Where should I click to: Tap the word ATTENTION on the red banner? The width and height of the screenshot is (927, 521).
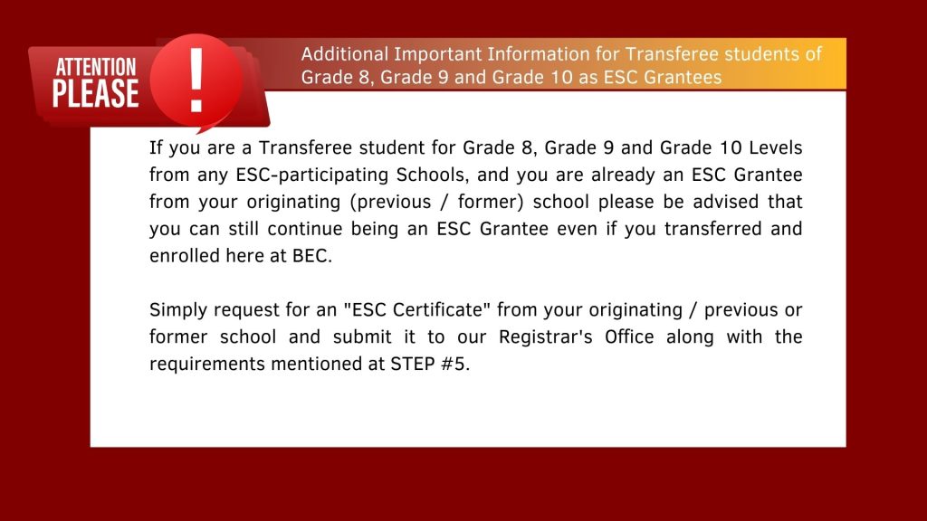96,67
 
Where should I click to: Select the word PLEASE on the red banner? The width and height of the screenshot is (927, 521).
96,94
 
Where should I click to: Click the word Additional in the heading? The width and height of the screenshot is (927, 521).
342,54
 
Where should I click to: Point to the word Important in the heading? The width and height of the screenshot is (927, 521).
430,54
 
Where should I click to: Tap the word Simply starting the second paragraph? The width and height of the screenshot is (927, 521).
177,310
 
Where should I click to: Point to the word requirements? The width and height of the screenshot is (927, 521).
203,365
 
